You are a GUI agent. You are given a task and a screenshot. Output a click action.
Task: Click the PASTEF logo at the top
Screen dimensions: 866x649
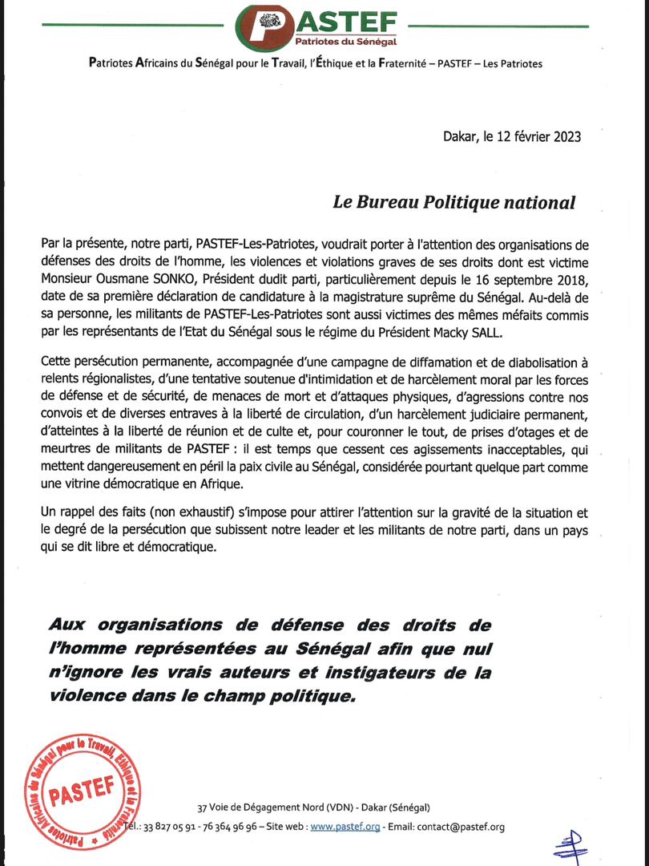(x=324, y=26)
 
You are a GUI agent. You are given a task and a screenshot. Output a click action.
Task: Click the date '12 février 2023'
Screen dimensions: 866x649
(x=530, y=136)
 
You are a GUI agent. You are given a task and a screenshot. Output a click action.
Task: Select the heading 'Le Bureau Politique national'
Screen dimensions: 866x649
(x=453, y=202)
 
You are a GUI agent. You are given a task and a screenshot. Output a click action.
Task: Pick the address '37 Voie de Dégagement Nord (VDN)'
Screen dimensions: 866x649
(x=270, y=807)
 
